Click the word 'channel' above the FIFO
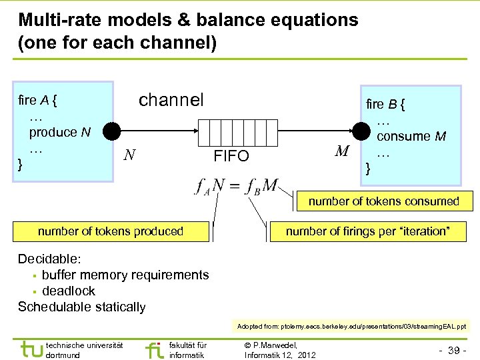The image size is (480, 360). (x=171, y=100)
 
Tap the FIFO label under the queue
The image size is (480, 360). (x=231, y=157)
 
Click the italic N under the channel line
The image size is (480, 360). (x=131, y=155)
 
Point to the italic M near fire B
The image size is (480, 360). (x=343, y=152)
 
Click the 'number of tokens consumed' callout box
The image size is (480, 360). (x=383, y=201)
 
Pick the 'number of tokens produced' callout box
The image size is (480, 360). (x=111, y=231)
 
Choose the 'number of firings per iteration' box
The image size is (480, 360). (x=367, y=231)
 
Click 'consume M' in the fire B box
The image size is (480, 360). (x=411, y=137)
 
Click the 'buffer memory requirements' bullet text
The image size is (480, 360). (x=125, y=275)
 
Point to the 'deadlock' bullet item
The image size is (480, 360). (x=69, y=291)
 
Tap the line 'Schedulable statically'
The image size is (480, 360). (x=81, y=307)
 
